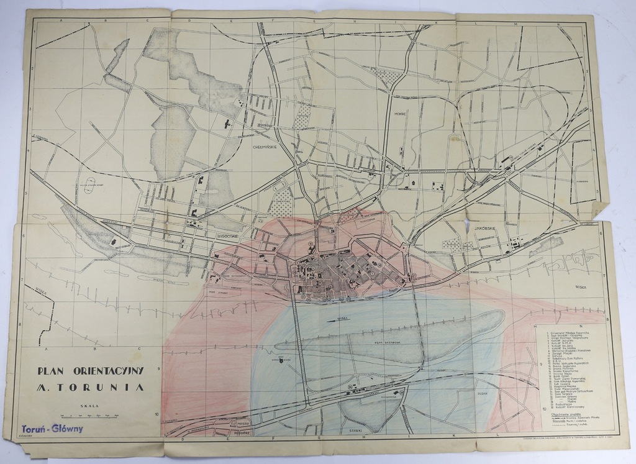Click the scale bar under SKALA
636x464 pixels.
[x=90, y=414]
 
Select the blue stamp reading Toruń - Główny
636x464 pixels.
[x=49, y=429]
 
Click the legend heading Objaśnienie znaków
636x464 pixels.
[x=566, y=412]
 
